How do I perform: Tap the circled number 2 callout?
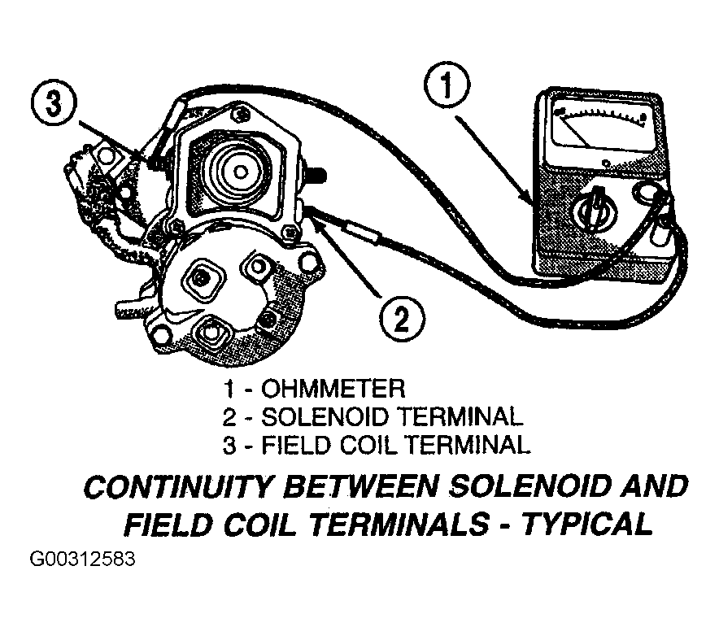[402, 319]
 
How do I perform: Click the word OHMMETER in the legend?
[333, 389]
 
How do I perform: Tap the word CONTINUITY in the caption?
[178, 487]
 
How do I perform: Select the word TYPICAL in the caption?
[588, 524]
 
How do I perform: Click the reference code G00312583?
[82, 560]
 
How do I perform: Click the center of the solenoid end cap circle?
[239, 172]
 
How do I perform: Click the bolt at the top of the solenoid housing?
[239, 111]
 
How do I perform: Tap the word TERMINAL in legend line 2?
[460, 417]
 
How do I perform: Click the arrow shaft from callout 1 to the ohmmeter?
[494, 160]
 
